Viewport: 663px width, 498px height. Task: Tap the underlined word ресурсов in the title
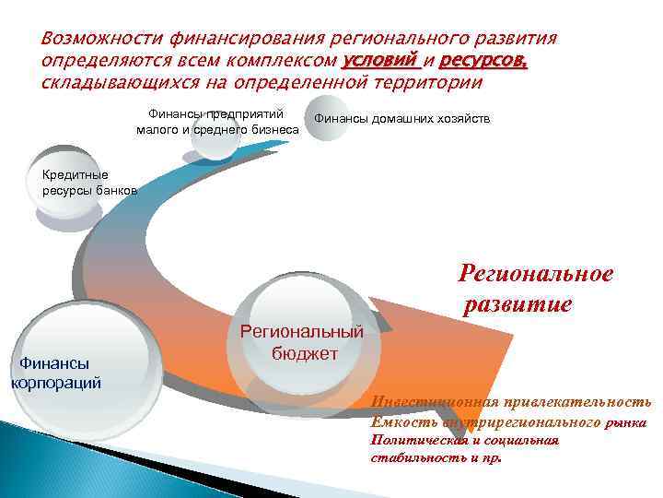(483, 62)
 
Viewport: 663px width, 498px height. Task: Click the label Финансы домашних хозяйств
(402, 120)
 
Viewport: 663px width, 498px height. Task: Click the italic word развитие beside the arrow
(518, 303)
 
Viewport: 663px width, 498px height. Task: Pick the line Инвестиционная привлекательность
(510, 401)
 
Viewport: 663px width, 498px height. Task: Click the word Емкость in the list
(395, 421)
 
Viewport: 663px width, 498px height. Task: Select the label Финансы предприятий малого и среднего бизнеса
(217, 121)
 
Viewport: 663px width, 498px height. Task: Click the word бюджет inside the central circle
(305, 353)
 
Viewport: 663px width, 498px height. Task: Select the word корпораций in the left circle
(55, 383)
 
